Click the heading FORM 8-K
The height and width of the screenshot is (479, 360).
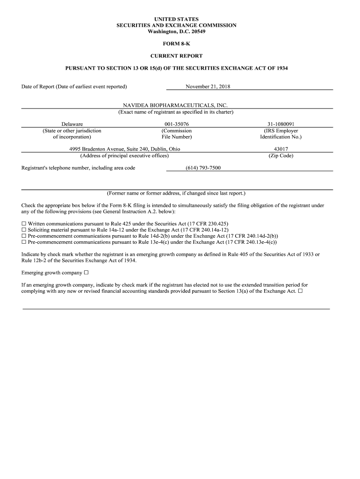(x=176, y=44)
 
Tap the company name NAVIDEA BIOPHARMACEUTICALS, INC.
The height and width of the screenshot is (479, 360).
(x=176, y=106)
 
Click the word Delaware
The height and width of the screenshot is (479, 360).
(x=72, y=124)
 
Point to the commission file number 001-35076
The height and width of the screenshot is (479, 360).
(x=176, y=124)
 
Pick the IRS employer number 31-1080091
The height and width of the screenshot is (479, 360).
(x=281, y=124)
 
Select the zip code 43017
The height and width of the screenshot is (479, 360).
(x=281, y=149)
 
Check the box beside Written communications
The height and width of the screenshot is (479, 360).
(x=24, y=224)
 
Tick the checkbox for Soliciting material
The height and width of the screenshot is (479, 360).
(x=24, y=230)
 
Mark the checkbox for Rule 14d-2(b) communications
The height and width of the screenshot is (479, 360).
(x=24, y=236)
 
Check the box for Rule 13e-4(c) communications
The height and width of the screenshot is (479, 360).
(x=24, y=242)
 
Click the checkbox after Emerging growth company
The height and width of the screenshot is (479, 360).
(x=86, y=273)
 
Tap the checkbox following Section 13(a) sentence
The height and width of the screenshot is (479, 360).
(x=300, y=291)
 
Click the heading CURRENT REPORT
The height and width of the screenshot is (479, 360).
(x=176, y=56)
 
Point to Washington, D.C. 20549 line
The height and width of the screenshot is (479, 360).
(x=176, y=31)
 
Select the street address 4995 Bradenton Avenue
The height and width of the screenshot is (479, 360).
(x=98, y=149)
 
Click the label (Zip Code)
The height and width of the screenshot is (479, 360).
(x=281, y=156)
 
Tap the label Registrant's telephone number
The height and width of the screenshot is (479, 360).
(x=78, y=168)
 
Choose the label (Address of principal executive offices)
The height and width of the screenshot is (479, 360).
(x=124, y=156)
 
